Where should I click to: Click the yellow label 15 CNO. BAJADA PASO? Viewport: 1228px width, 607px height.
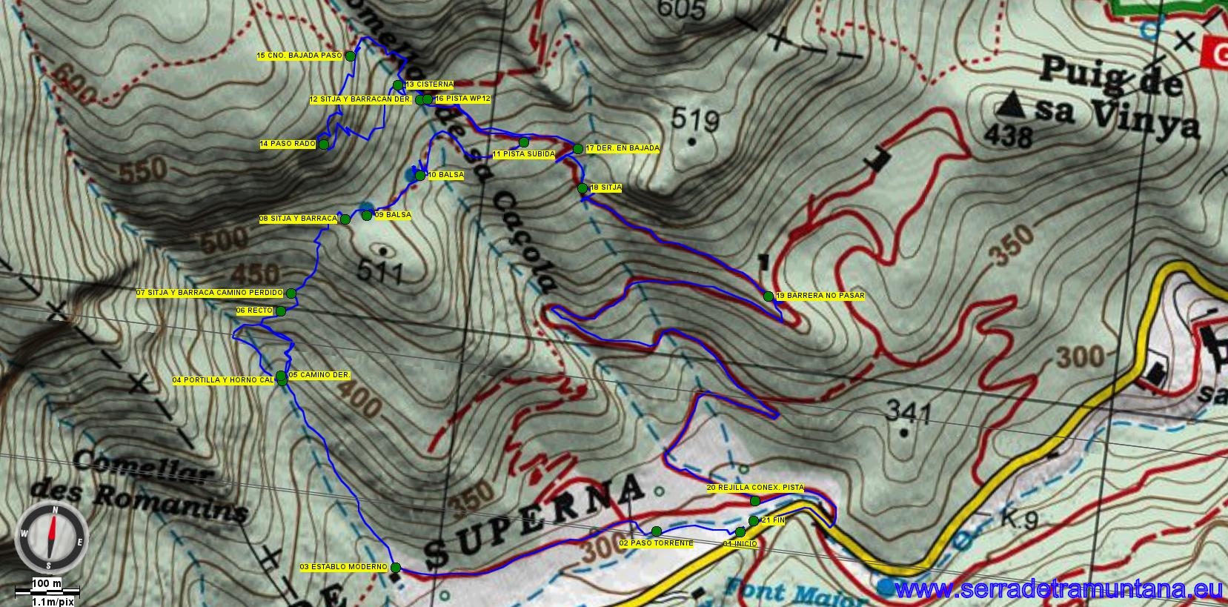click(299, 56)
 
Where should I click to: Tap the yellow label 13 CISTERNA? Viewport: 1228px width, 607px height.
click(429, 84)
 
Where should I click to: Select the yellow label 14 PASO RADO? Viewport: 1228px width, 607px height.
click(288, 144)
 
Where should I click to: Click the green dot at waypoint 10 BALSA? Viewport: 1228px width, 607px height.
click(419, 176)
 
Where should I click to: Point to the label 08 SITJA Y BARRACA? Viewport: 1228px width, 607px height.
click(298, 219)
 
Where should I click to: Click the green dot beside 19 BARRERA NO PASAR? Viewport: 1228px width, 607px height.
click(769, 296)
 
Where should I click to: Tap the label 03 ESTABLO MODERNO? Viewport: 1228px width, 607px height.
click(343, 567)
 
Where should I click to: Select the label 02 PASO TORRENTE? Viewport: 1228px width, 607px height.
click(656, 543)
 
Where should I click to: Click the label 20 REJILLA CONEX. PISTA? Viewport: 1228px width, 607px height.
click(754, 488)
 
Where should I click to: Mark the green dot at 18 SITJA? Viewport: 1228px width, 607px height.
click(583, 188)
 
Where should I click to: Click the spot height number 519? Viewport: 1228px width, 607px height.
click(695, 118)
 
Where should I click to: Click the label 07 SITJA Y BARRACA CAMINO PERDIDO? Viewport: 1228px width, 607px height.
click(210, 293)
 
